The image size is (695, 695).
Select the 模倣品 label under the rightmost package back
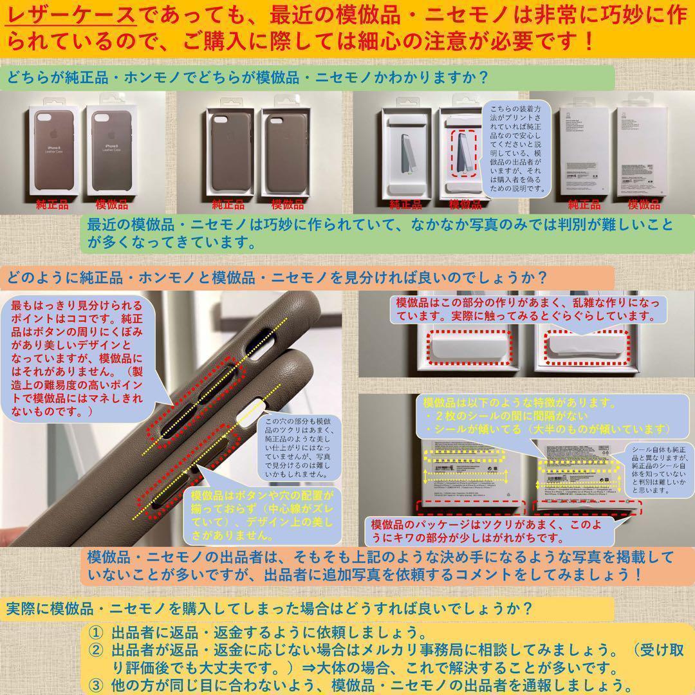[644, 205]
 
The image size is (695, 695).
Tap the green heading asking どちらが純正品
[248, 77]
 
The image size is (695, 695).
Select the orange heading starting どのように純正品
[277, 278]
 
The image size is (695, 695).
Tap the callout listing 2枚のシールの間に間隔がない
[547, 416]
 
